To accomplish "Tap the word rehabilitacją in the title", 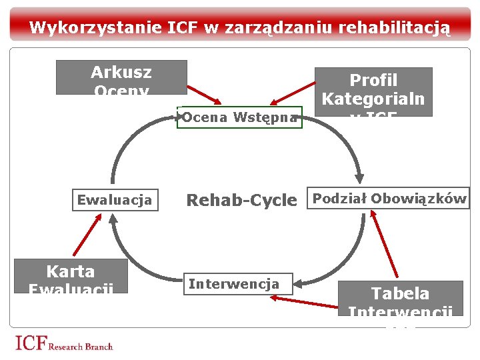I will (x=395, y=28).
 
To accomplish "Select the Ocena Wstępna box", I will (x=239, y=117).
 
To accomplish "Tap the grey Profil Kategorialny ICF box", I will (x=373, y=92).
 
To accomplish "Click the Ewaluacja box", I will (x=115, y=200).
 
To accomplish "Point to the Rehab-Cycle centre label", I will (x=241, y=200).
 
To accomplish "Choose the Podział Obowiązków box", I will (x=389, y=199).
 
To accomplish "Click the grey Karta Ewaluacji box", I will (x=71, y=276).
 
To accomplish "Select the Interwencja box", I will (x=233, y=285).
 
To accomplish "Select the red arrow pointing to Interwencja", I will (x=307, y=301).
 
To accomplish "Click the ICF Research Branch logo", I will (x=64, y=344).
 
